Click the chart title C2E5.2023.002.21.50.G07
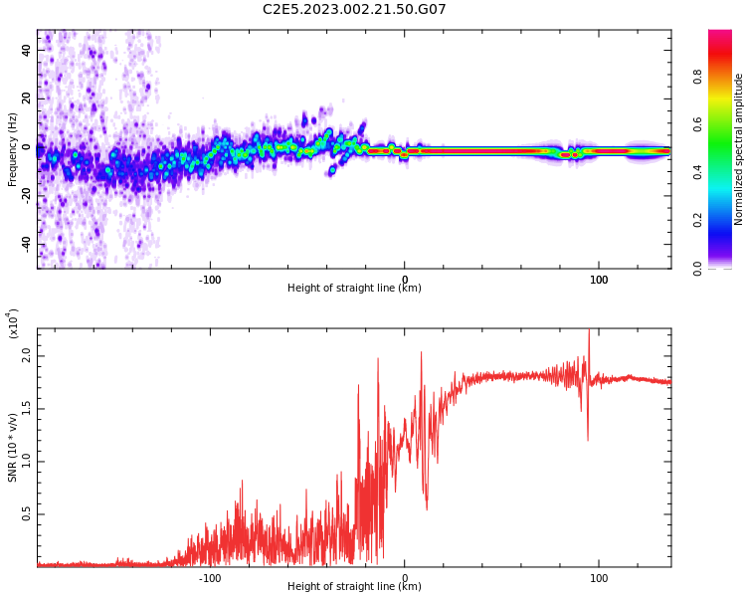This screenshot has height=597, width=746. [354, 9]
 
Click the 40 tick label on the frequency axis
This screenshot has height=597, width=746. [27, 50]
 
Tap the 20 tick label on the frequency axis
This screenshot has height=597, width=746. [27, 99]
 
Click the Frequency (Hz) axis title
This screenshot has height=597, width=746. [12, 149]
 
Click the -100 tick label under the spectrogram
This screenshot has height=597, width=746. [209, 280]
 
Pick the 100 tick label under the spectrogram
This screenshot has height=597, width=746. [599, 280]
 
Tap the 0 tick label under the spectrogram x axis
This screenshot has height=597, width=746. [404, 280]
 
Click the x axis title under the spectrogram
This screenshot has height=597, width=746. [354, 289]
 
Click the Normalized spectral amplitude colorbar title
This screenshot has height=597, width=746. [739, 149]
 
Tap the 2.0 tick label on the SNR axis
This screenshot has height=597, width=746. [26, 354]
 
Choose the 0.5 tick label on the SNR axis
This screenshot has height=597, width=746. [26, 514]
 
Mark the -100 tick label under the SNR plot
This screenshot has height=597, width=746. [209, 578]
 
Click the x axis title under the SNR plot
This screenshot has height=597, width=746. [354, 587]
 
